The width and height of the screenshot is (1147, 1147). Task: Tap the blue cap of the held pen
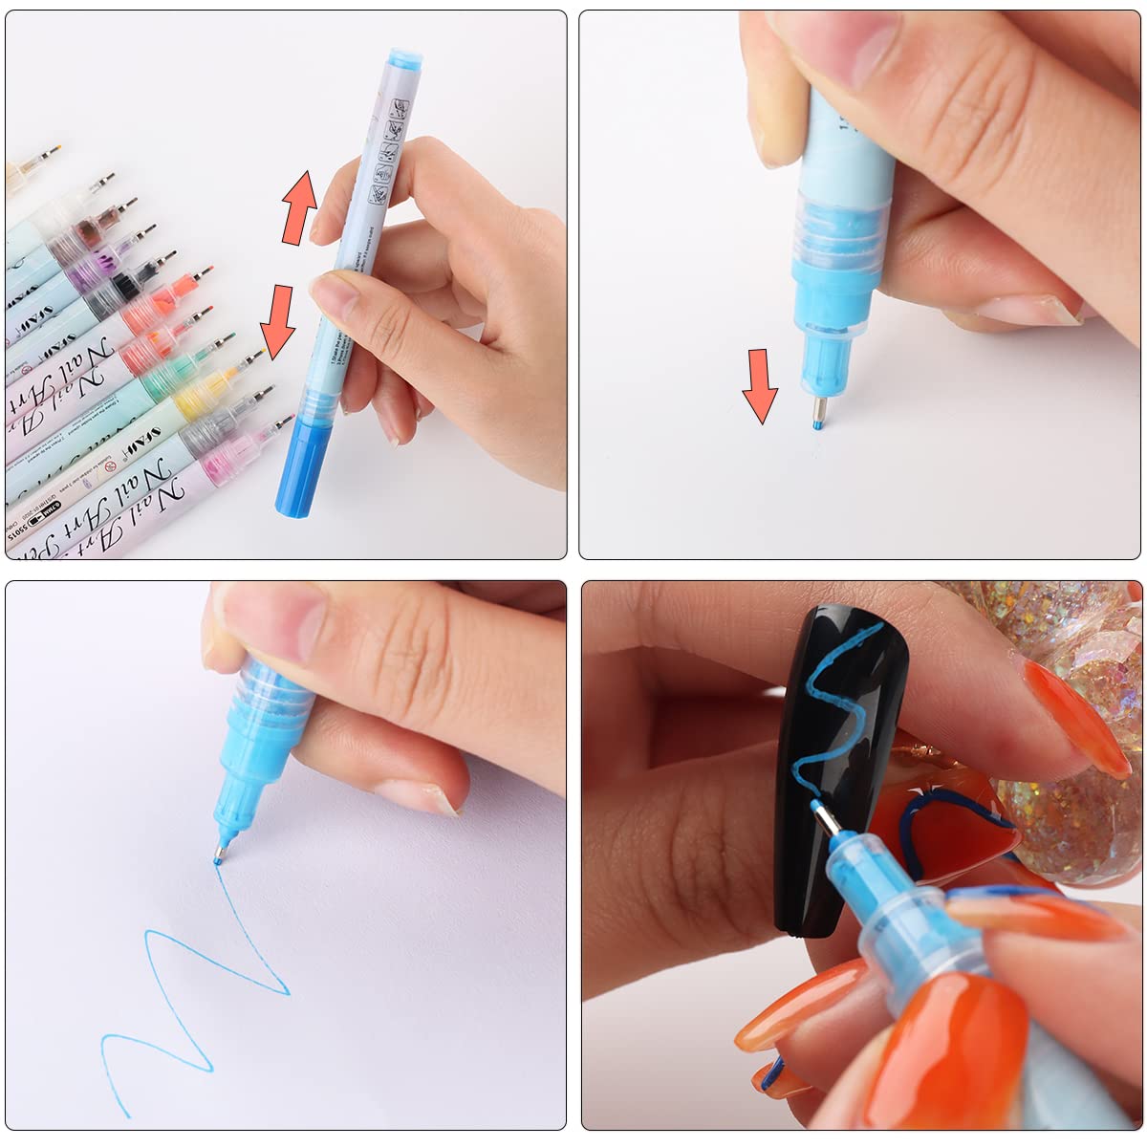(302, 466)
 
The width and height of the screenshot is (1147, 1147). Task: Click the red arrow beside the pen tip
(761, 384)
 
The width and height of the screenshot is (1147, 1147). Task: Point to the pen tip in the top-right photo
(817, 416)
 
